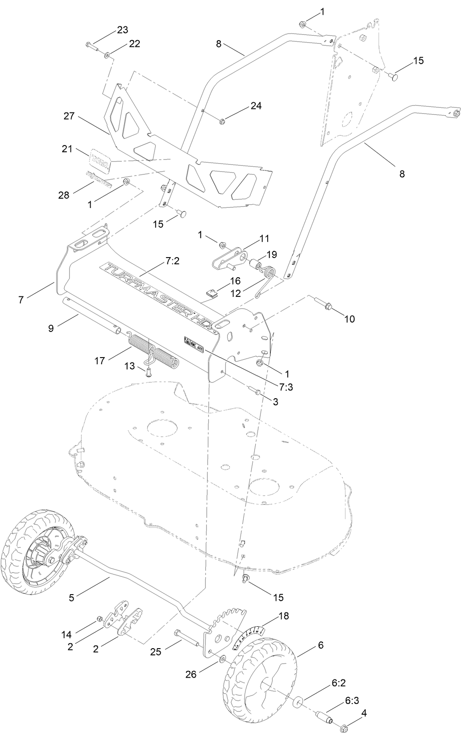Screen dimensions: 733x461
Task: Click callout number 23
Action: (x=122, y=30)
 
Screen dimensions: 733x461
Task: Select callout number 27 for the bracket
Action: (x=69, y=116)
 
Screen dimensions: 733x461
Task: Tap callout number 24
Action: (x=256, y=106)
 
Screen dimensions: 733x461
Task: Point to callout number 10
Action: (x=349, y=319)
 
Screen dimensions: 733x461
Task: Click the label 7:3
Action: (x=284, y=387)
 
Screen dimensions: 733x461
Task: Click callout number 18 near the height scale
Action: (x=283, y=616)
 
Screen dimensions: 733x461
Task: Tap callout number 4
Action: (x=364, y=713)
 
